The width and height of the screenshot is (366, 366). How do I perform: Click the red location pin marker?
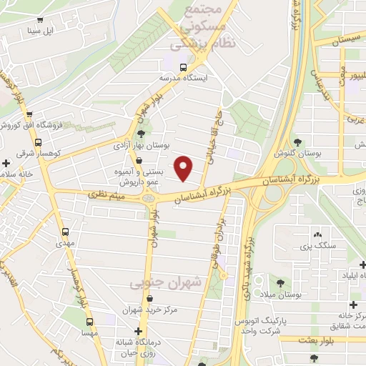tap(184, 168)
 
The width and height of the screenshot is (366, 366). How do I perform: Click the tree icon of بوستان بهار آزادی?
tap(141, 133)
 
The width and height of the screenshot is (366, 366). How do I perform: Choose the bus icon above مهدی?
tap(66, 232)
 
